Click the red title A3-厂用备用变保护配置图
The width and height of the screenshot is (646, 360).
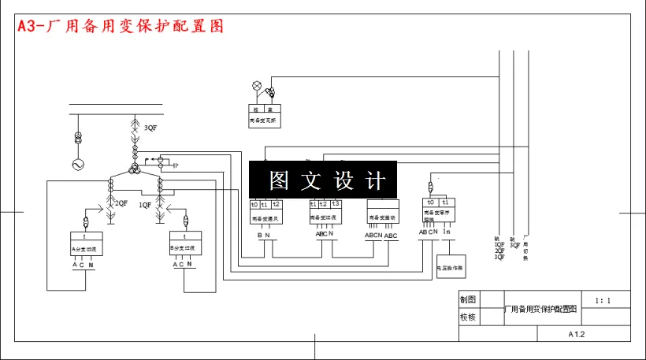(x=121, y=26)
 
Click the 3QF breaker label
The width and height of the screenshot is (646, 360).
(x=149, y=128)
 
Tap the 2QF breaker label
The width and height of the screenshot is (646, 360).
(x=121, y=204)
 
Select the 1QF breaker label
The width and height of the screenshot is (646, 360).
(x=145, y=204)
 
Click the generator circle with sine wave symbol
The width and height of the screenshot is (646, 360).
(x=78, y=165)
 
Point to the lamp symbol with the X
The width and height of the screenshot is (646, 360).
(x=256, y=85)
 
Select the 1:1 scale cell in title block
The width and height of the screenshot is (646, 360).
(x=603, y=300)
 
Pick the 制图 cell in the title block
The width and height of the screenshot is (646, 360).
(x=467, y=300)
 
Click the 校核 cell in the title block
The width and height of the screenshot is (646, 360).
(x=467, y=317)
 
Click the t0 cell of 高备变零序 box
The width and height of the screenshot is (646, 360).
(x=430, y=202)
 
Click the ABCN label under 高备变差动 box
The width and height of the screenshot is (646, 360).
(x=373, y=235)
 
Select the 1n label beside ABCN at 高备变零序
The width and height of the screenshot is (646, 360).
(x=446, y=232)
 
